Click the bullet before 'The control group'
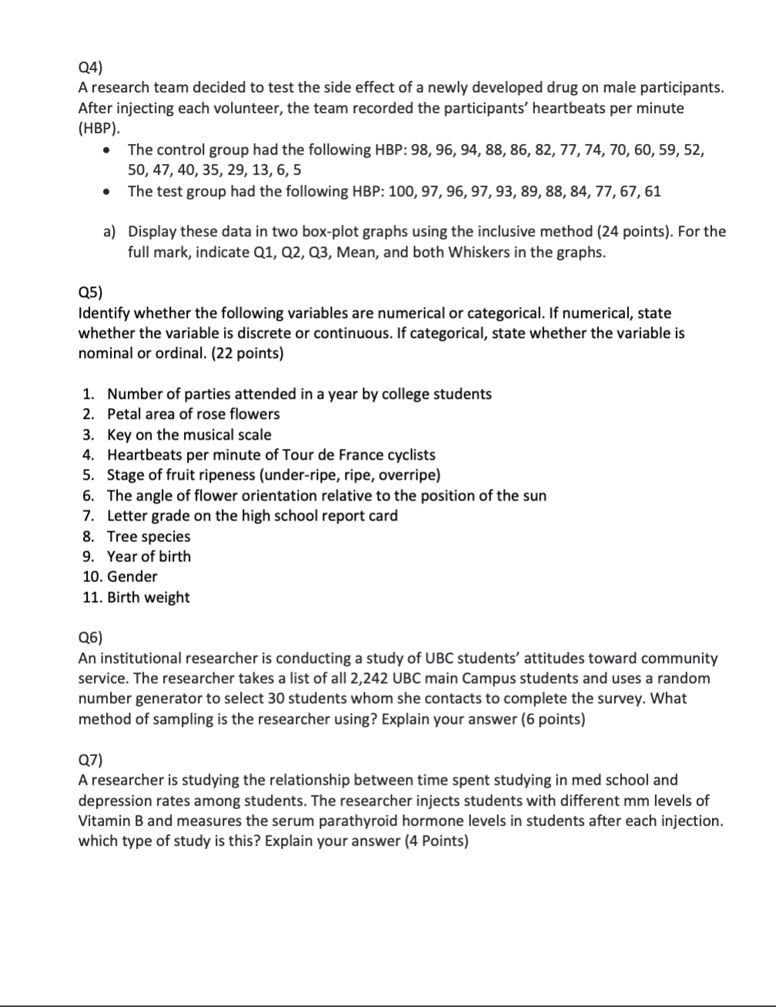pos(114,149)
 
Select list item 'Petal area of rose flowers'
pos(193,414)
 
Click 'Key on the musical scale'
pos(189,434)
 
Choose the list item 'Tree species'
pos(148,536)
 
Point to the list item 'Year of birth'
pos(149,556)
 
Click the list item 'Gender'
pos(132,576)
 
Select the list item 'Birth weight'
pos(148,597)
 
